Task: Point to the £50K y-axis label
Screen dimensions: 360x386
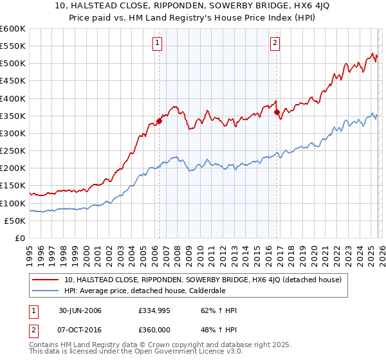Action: (x=15, y=221)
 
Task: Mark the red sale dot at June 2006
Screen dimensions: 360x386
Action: (x=159, y=121)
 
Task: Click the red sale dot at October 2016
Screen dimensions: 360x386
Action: (x=277, y=112)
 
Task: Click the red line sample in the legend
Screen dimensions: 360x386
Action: (x=46, y=280)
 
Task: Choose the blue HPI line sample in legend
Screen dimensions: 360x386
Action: (x=46, y=291)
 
